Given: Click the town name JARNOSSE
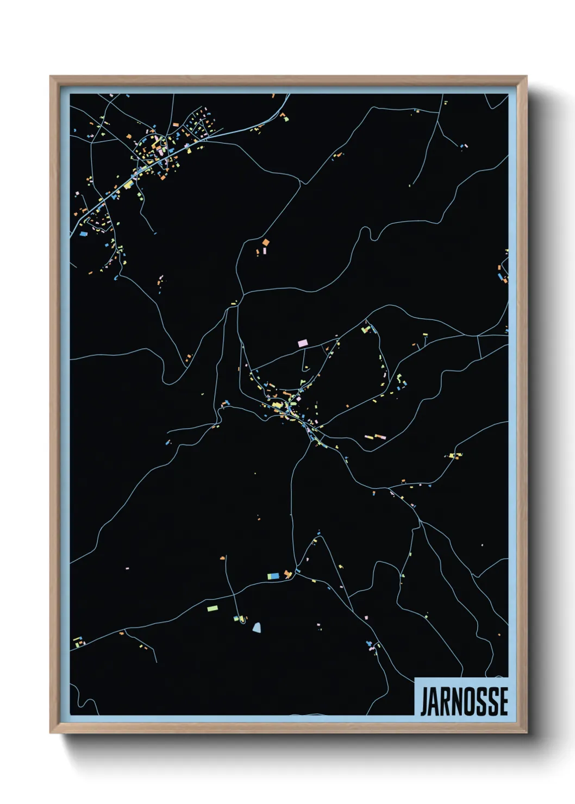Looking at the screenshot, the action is coord(464,701).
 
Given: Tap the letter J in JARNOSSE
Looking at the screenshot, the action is coord(424,701).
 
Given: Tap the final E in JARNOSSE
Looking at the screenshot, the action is coord(503,701).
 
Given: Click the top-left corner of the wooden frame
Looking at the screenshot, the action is coord(51,77).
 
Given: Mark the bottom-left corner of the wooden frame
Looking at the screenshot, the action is coord(51,732).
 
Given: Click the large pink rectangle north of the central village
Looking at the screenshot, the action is coord(303,343).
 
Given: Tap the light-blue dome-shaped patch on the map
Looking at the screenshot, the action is coord(257,627).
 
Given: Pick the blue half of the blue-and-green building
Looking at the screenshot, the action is coord(276,575).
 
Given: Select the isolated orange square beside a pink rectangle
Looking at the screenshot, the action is coord(266,242).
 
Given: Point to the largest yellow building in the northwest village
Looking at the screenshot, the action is coord(128,185).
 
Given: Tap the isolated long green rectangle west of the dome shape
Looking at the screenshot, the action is coord(212,608).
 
